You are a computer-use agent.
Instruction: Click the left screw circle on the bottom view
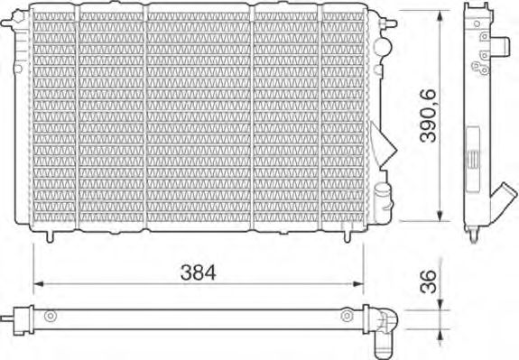click(51, 316)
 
